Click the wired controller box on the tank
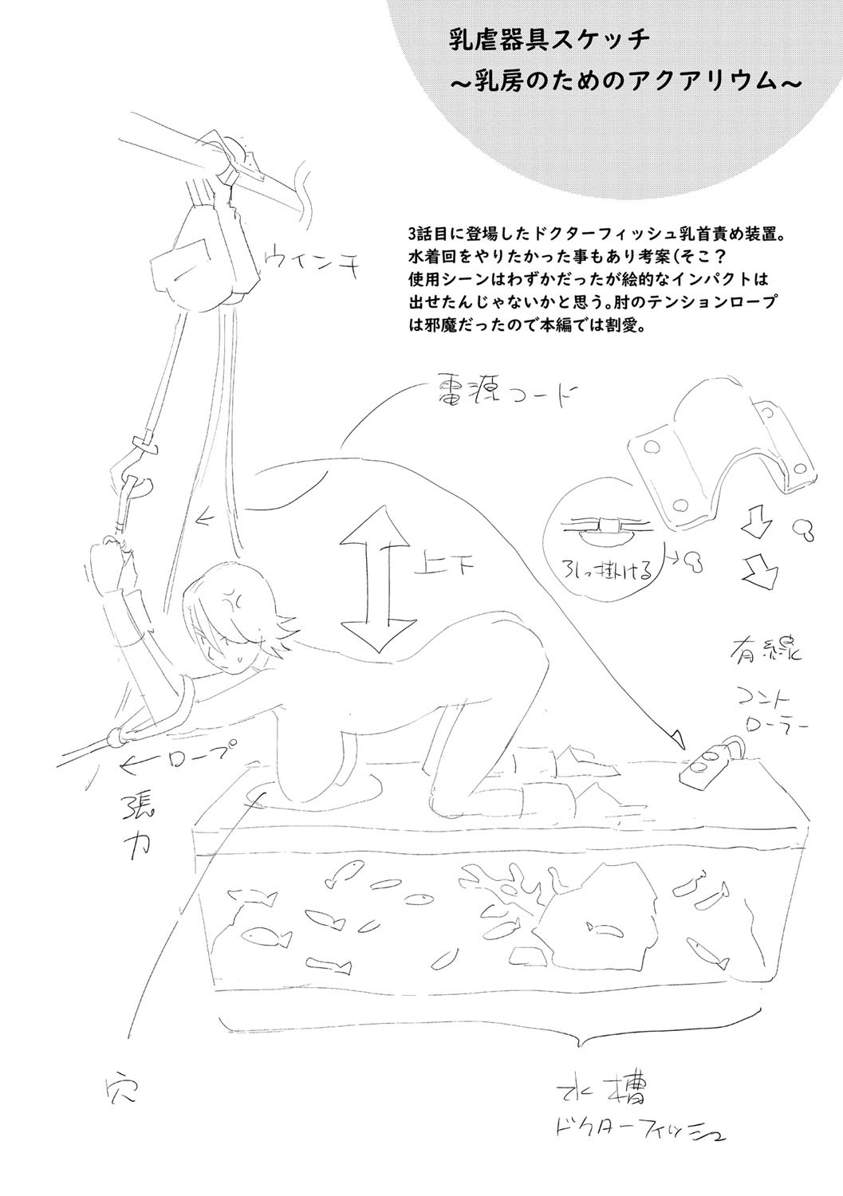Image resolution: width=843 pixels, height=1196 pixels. point(708,763)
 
